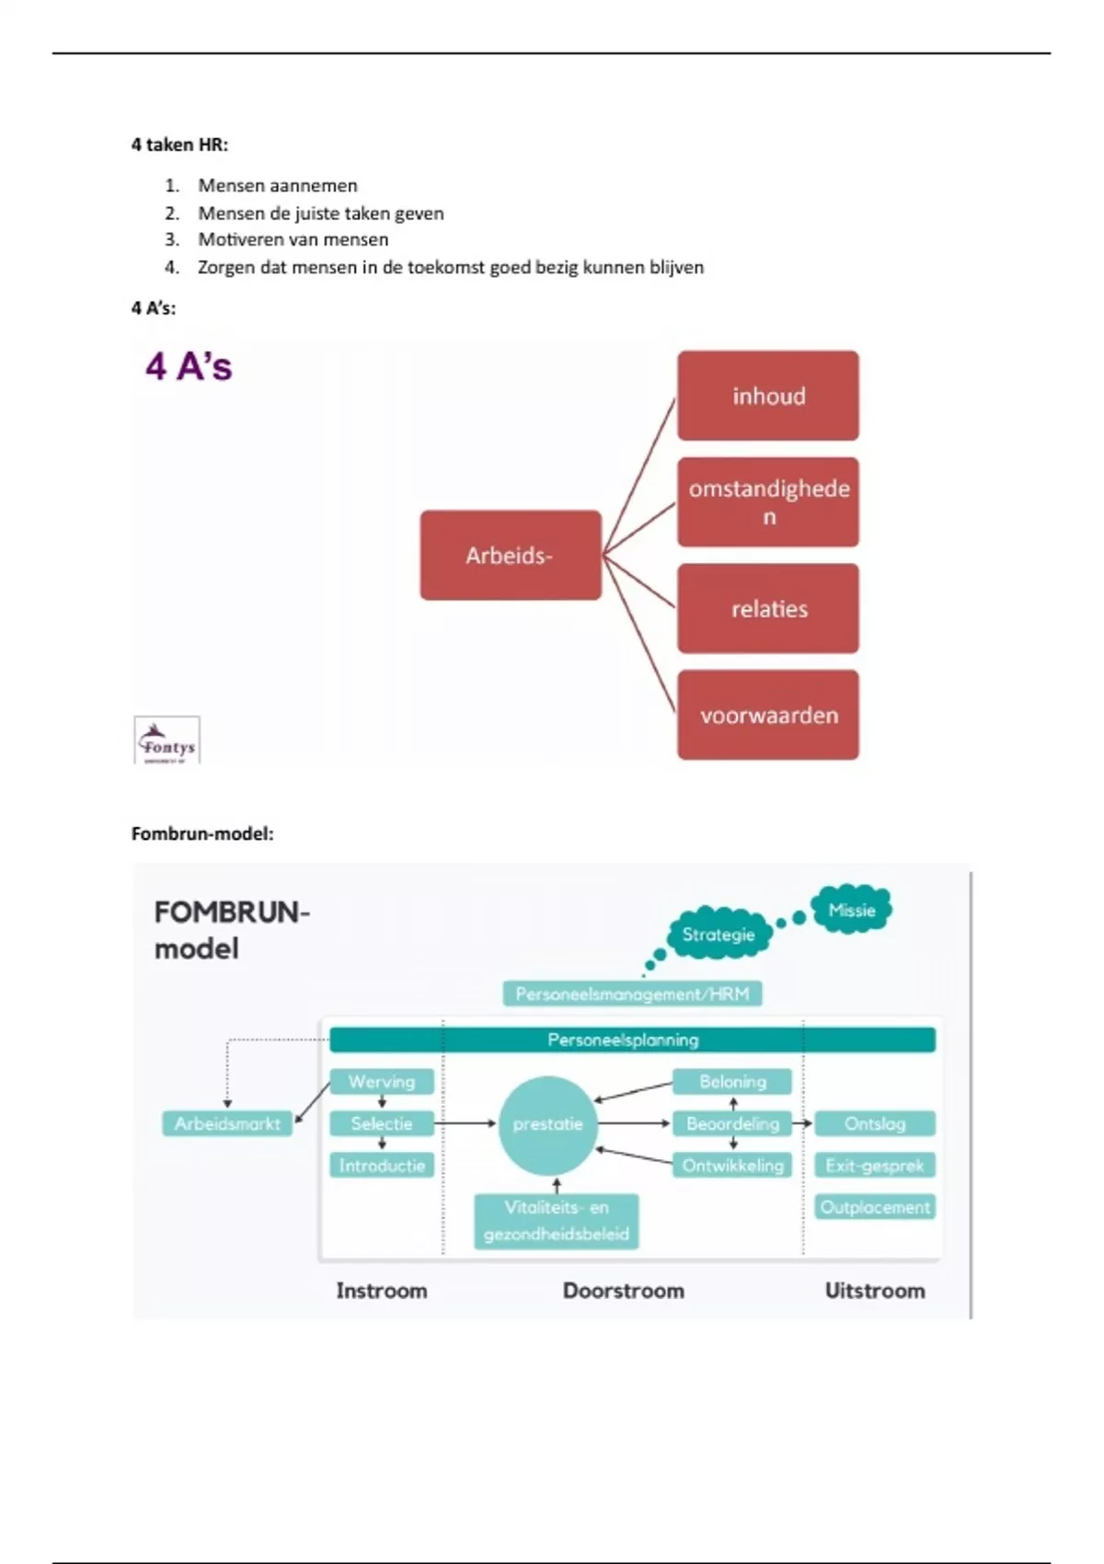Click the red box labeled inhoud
[768, 396]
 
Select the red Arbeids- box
[511, 556]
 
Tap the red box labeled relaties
[768, 609]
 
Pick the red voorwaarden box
[768, 715]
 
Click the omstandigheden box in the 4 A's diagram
[768, 502]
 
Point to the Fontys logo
[167, 741]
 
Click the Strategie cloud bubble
[719, 935]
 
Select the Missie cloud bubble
[851, 910]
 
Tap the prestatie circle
[547, 1124]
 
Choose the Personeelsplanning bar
[632, 1040]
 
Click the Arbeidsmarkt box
[227, 1123]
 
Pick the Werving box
[381, 1082]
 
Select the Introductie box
[381, 1166]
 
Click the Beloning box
[732, 1082]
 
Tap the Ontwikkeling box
[732, 1166]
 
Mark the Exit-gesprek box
[874, 1166]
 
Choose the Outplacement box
[874, 1207]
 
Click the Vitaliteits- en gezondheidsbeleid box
[557, 1221]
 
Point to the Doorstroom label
[623, 1291]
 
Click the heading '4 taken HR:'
[179, 144]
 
